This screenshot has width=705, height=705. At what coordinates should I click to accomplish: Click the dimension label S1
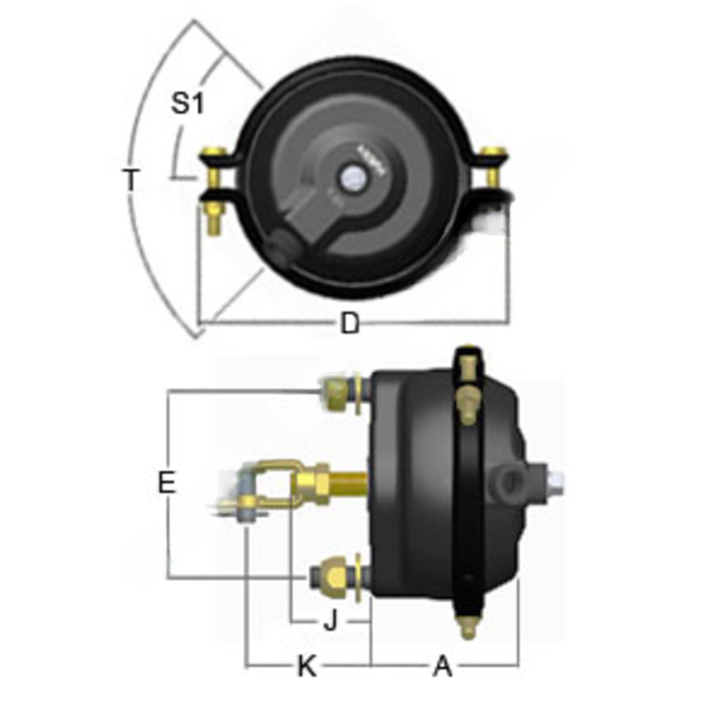pyautogui.click(x=186, y=104)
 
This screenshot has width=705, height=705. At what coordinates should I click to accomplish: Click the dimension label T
pyautogui.click(x=130, y=180)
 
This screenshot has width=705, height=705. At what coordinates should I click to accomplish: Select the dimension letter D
pyautogui.click(x=349, y=324)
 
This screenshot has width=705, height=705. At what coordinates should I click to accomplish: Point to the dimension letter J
pyautogui.click(x=329, y=619)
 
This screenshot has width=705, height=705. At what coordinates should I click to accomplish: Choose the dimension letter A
pyautogui.click(x=442, y=665)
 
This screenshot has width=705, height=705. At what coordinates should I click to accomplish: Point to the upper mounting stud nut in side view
pyautogui.click(x=335, y=392)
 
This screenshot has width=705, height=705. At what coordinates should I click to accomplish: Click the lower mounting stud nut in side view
pyautogui.click(x=332, y=574)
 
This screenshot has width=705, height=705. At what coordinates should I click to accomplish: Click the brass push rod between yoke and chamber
pyautogui.click(x=347, y=477)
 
